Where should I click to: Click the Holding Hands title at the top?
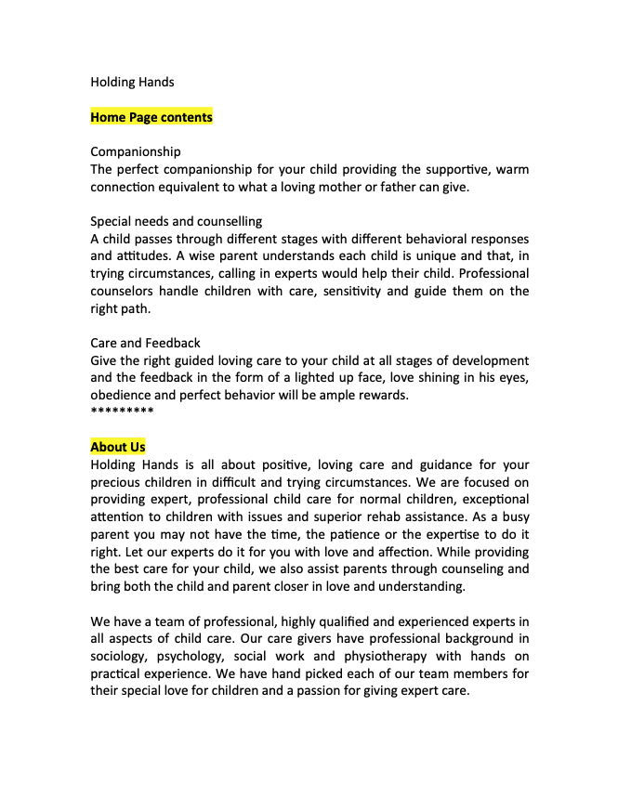[x=132, y=82]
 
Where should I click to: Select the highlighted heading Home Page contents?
[x=151, y=117]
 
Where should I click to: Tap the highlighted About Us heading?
[x=118, y=447]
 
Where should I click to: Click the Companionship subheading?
[x=136, y=151]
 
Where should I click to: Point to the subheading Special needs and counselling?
[x=176, y=221]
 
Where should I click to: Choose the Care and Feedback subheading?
[x=145, y=343]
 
